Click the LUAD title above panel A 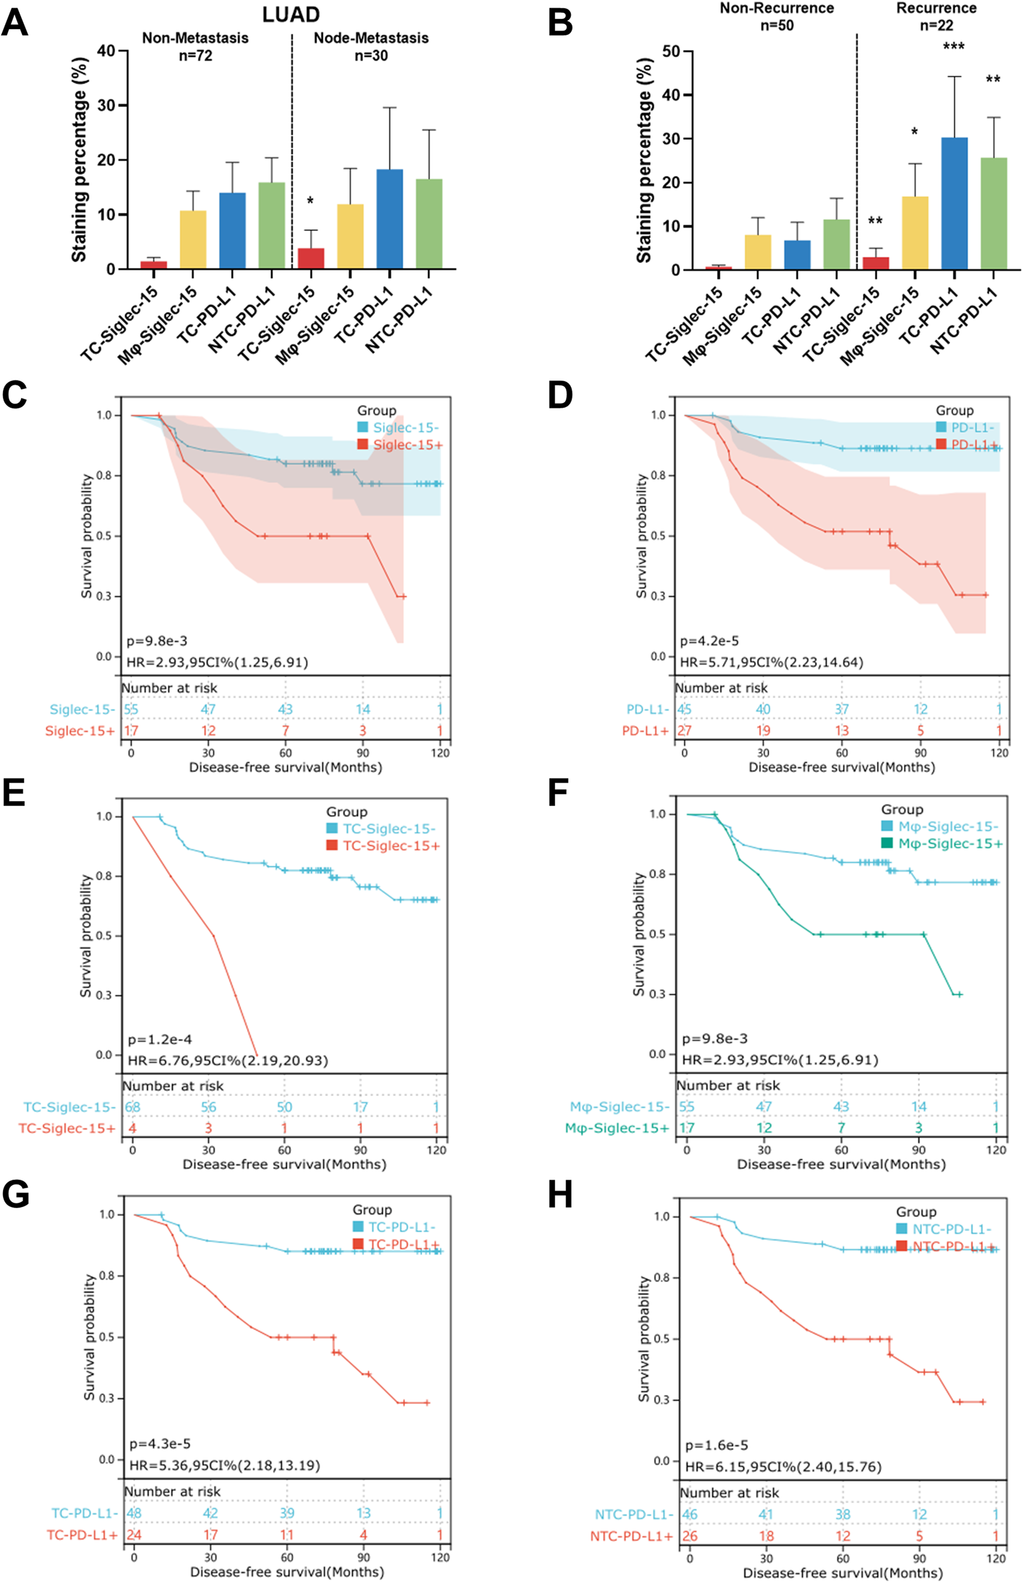pos(291,14)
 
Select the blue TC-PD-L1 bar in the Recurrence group pos(953,203)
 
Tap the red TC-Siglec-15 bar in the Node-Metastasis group pos(310,258)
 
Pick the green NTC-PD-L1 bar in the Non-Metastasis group pos(271,226)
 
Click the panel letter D pos(560,395)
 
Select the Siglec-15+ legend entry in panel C pos(405,445)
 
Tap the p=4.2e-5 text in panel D pos(709,641)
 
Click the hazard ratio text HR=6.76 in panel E pos(228,1060)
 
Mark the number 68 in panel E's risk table pos(133,1107)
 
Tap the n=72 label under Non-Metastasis pos(196,56)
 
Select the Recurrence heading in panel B pos(936,9)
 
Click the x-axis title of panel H pos(843,1573)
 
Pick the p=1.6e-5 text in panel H pos(716,1446)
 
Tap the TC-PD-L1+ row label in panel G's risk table pos(82,1535)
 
